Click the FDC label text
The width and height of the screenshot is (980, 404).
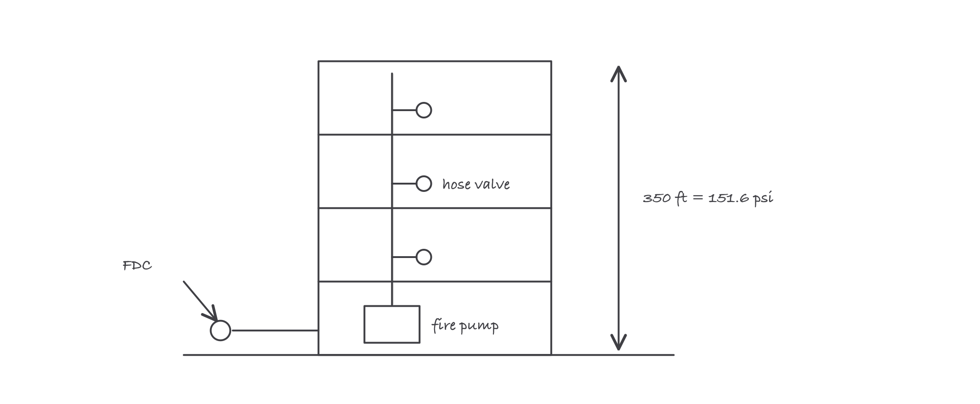click(x=137, y=266)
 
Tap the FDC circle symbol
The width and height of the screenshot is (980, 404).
click(x=221, y=321)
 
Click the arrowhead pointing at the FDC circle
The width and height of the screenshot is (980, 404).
click(x=212, y=314)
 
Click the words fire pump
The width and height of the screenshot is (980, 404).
click(x=465, y=325)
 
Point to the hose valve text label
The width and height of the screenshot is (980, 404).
click(x=476, y=184)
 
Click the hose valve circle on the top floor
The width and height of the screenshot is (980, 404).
click(x=424, y=102)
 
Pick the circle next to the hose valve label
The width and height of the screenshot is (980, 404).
click(x=424, y=176)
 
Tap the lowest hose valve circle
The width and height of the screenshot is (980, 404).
click(x=424, y=249)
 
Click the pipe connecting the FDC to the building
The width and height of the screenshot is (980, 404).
click(x=275, y=330)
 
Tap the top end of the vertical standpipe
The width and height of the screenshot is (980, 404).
click(x=392, y=73)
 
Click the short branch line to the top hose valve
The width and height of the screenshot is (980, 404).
click(x=404, y=110)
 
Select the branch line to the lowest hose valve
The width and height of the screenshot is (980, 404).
click(x=404, y=257)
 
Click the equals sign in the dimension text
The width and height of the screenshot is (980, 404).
click(x=697, y=198)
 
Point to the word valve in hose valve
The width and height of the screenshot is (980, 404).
click(x=492, y=184)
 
